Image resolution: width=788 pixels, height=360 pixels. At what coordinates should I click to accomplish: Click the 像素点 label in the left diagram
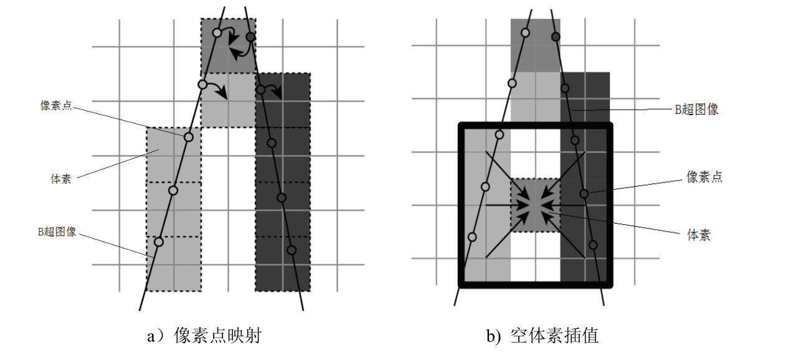(56, 106)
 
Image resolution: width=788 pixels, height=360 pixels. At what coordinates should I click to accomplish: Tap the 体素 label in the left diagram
(60, 179)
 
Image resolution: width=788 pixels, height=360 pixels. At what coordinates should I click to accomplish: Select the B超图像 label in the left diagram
(56, 232)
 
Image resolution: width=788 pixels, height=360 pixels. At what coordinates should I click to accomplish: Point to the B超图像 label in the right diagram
(696, 110)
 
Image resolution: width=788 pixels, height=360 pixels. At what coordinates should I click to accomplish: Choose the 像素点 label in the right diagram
(704, 177)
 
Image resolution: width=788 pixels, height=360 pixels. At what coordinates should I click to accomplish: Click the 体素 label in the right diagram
(699, 235)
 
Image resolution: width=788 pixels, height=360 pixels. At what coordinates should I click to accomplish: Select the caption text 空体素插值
(554, 336)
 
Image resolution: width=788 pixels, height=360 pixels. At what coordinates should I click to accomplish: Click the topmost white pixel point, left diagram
(217, 32)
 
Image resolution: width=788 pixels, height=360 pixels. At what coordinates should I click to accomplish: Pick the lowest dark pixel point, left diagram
(291, 250)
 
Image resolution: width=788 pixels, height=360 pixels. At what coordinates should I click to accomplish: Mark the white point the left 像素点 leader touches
(189, 137)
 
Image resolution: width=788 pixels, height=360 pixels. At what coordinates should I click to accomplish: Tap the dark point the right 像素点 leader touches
(584, 194)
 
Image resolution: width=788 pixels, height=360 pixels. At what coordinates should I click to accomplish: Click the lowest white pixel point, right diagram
(472, 237)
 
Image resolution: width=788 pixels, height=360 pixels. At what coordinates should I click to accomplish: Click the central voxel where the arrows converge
(535, 206)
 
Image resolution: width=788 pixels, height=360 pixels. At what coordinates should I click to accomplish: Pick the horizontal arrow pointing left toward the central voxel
(564, 205)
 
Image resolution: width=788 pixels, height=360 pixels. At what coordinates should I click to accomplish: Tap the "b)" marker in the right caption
(493, 337)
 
